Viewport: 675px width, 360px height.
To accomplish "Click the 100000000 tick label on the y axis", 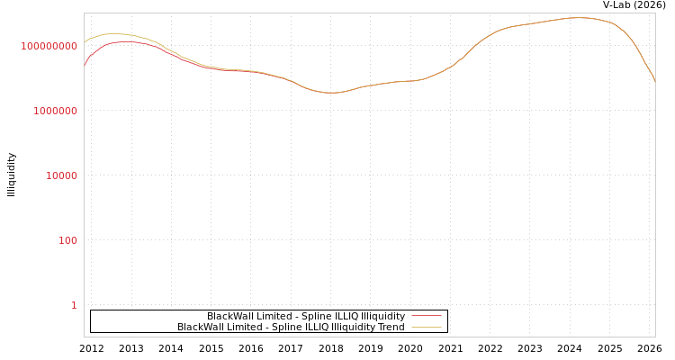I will point(49,46).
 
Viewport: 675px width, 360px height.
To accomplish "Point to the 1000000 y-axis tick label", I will point(56,111).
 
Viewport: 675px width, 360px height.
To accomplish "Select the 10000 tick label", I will point(62,175).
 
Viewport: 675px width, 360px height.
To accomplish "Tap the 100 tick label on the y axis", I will point(68,240).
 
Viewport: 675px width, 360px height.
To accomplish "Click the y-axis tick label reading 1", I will point(74,305).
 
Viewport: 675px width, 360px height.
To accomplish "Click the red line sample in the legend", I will point(427,316).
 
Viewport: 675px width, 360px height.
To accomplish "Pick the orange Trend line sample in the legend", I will point(427,327).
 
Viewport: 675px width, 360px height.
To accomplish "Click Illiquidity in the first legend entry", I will point(382,316).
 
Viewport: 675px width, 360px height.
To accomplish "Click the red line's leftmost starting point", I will point(85,66).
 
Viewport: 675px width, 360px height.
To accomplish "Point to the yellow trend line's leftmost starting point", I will point(85,41).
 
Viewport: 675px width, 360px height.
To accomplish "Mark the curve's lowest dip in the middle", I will point(331,93).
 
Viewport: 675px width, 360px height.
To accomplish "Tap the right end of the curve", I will point(654,82).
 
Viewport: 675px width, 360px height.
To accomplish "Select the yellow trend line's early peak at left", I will point(113,34).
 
